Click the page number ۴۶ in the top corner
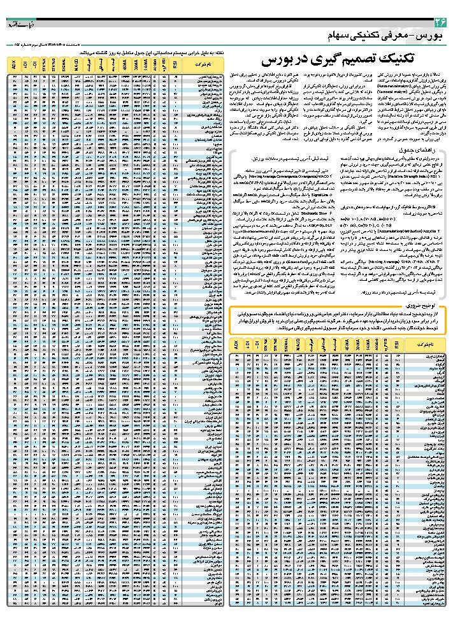(438, 23)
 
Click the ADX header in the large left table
(14, 64)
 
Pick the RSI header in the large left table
(173, 64)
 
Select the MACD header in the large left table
(76, 64)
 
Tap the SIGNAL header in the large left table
(64, 64)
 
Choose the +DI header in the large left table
(24, 64)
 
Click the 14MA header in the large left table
(145, 64)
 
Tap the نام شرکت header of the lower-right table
(426, 345)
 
